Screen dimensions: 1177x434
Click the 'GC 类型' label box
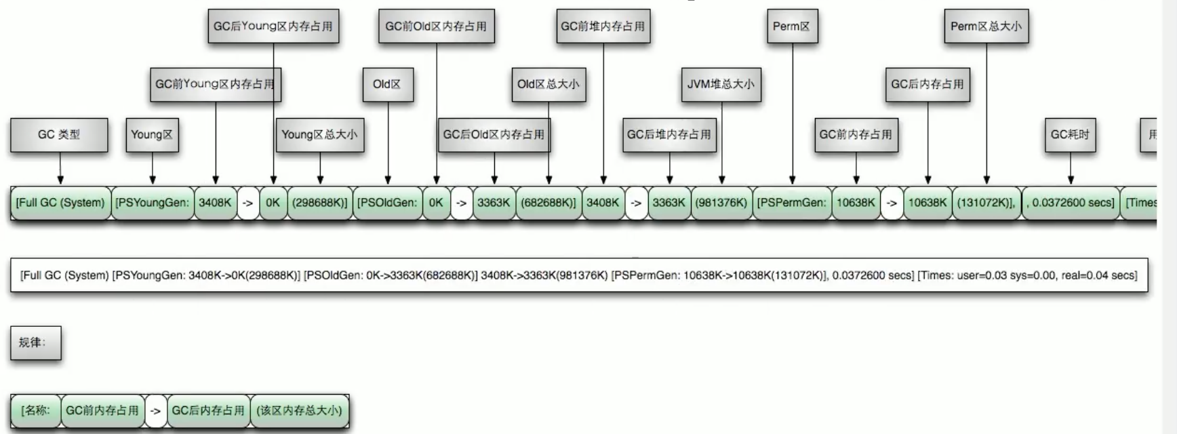click(x=59, y=135)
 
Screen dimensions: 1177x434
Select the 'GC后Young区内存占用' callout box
click(x=273, y=26)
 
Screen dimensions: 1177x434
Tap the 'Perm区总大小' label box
click(x=986, y=26)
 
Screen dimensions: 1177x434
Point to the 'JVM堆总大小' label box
click(x=721, y=84)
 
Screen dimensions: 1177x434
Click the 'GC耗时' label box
click(x=1070, y=135)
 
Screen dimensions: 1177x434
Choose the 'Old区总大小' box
click(x=548, y=84)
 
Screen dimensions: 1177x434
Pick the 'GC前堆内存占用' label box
click(x=603, y=26)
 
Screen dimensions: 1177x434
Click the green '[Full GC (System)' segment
click(x=60, y=203)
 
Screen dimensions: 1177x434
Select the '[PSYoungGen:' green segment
click(x=152, y=203)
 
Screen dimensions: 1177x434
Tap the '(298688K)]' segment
click(x=319, y=203)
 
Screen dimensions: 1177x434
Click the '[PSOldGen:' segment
click(x=387, y=203)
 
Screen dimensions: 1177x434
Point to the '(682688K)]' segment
click(x=548, y=203)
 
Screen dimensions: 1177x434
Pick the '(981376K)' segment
click(x=721, y=203)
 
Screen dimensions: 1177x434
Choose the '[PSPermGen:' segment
click(x=792, y=203)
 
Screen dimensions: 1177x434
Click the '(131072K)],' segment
click(x=986, y=203)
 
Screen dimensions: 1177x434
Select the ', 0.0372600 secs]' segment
click(x=1070, y=203)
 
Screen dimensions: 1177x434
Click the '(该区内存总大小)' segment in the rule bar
click(x=299, y=410)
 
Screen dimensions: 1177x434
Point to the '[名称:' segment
click(x=35, y=410)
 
